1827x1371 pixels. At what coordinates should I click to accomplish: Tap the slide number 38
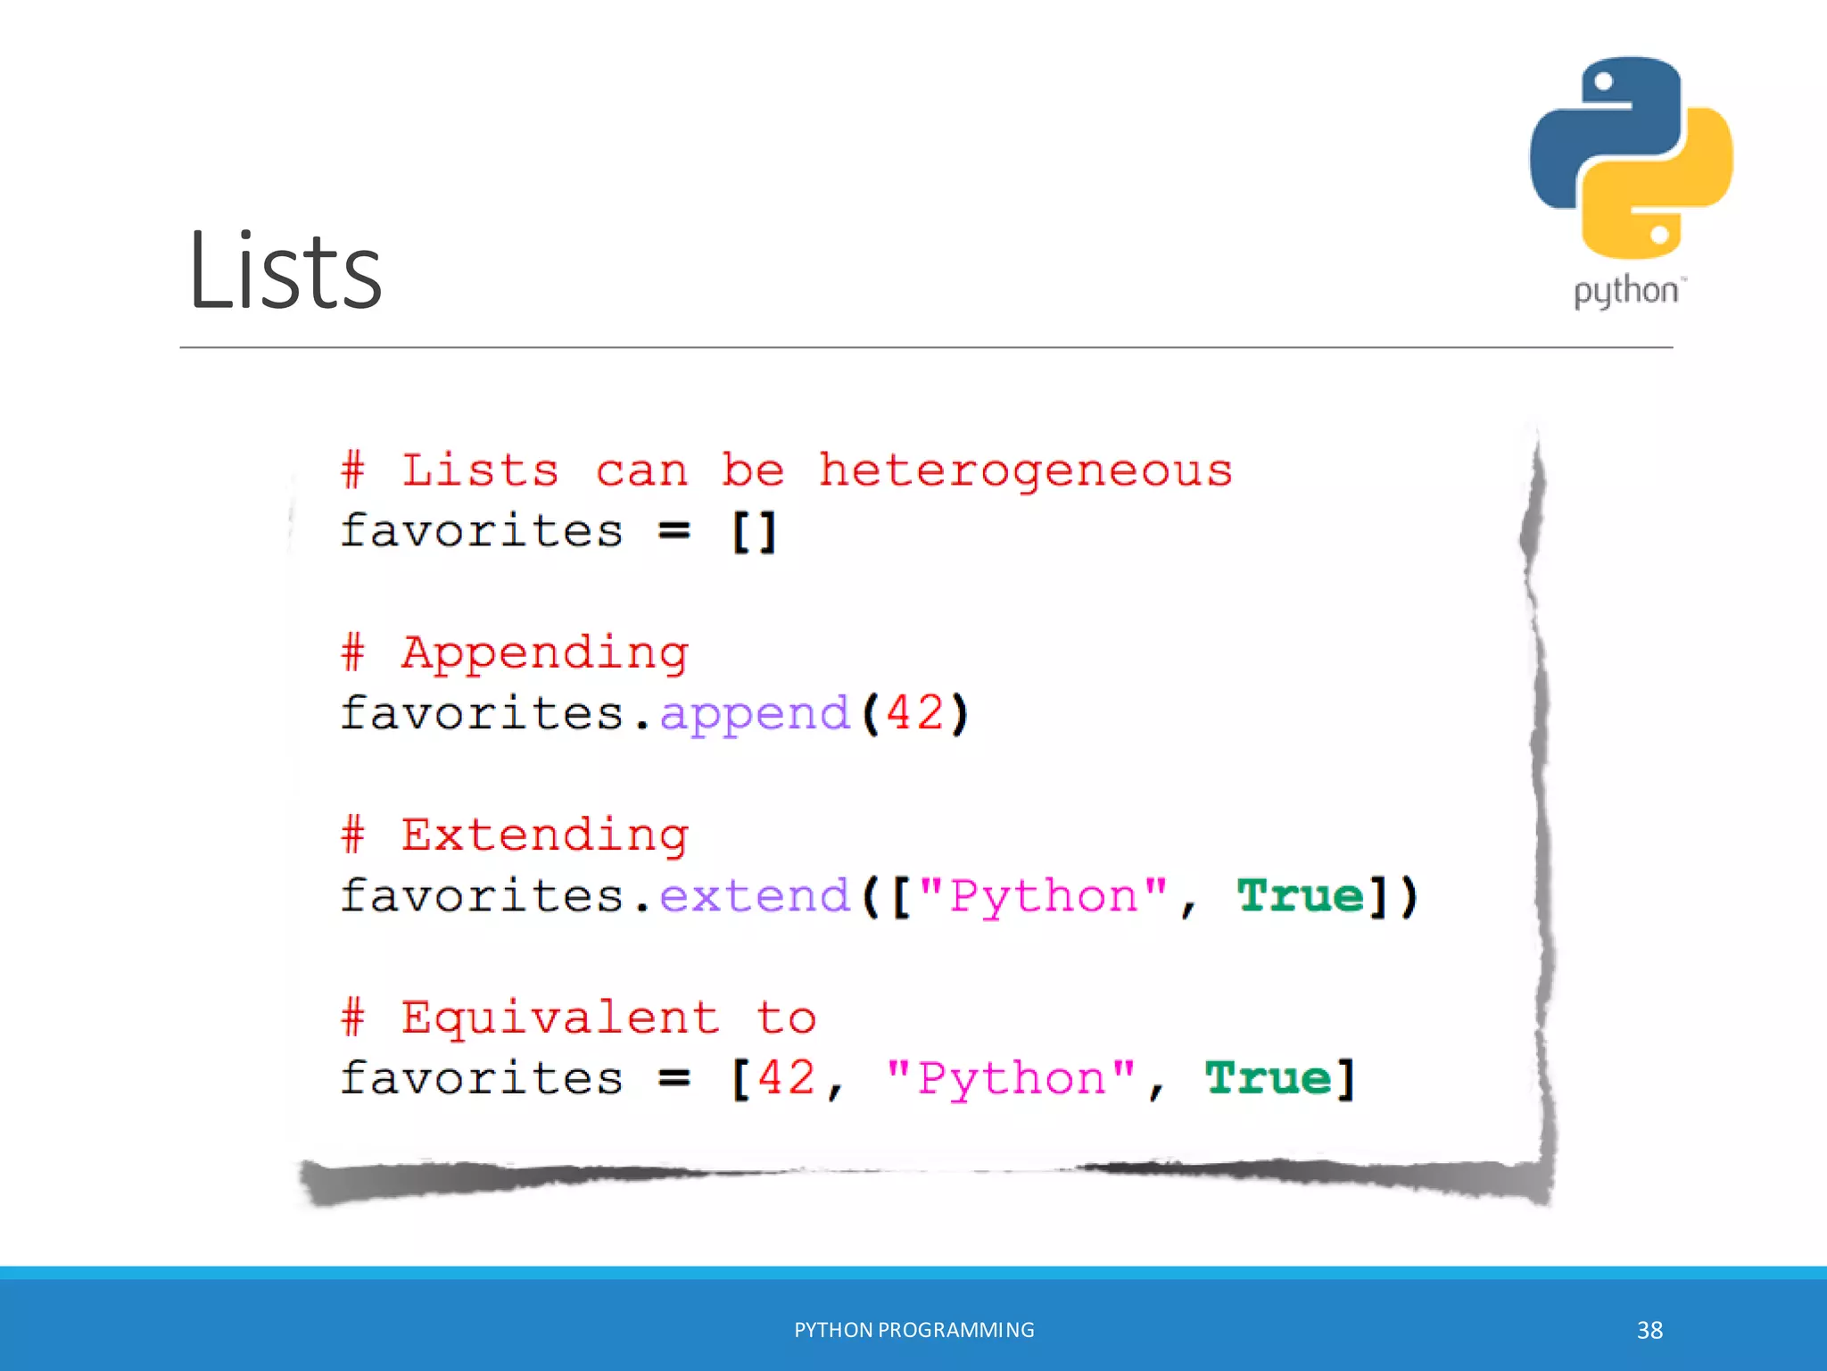pos(1649,1330)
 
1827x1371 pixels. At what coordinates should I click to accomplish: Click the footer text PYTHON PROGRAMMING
pos(913,1330)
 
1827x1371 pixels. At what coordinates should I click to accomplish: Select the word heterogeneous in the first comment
pos(1026,470)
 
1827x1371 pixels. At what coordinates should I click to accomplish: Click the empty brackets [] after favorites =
pos(754,532)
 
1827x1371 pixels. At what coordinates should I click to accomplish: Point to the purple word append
pos(755,714)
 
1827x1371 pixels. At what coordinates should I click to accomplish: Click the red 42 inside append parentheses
pos(914,713)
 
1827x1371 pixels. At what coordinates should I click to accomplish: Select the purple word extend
pos(755,896)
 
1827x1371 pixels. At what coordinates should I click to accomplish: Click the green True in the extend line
pos(1301,896)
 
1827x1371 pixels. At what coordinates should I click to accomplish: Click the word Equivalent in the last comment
pos(560,1018)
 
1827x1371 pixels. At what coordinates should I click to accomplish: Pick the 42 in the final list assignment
pos(787,1078)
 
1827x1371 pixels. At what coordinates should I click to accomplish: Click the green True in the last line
pos(1269,1078)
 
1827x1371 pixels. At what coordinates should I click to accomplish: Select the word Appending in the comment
pos(544,653)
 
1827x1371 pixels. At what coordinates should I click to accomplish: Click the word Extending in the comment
pos(544,835)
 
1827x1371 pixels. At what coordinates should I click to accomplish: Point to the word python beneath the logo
pos(1625,292)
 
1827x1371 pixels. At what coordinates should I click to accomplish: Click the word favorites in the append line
pos(482,714)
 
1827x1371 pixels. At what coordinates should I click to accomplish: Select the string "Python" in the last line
pos(1011,1078)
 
